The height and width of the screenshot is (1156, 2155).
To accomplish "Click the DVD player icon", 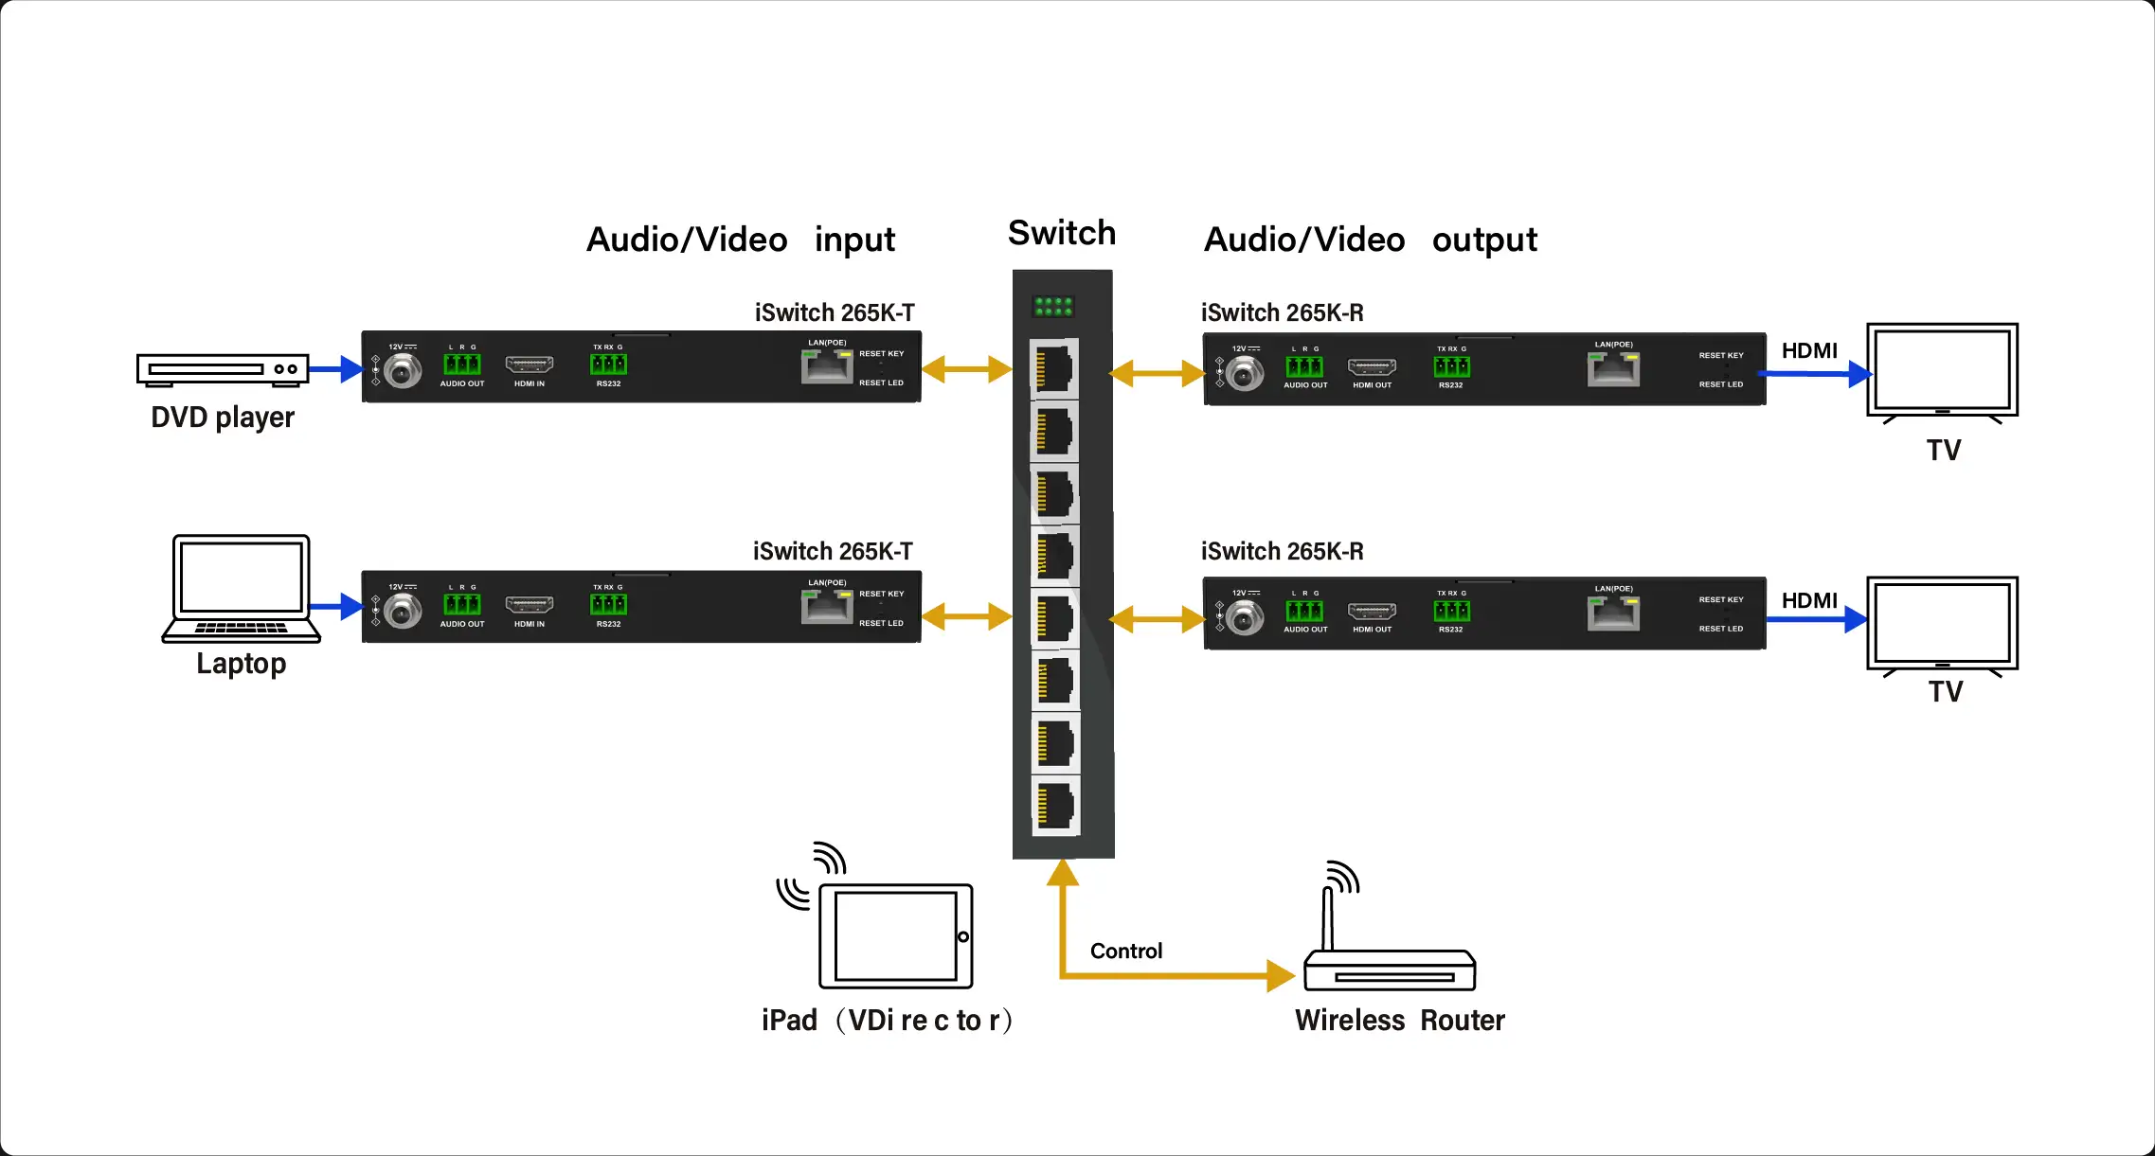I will tap(223, 369).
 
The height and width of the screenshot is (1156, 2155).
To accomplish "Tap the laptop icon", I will tap(242, 589).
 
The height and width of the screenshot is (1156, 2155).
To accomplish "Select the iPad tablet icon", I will tap(895, 935).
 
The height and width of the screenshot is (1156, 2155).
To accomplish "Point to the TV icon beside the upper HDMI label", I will tap(1942, 371).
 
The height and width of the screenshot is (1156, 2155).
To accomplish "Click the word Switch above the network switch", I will tap(1062, 233).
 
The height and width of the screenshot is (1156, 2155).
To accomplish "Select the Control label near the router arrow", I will tap(1125, 951).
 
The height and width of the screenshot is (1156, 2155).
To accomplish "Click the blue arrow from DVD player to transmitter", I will tap(335, 368).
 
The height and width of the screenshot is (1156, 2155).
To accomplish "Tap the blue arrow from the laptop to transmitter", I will tap(335, 606).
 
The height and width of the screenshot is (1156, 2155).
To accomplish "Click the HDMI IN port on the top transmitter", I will tap(529, 365).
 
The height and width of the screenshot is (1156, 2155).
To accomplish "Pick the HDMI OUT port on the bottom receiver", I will tap(1372, 612).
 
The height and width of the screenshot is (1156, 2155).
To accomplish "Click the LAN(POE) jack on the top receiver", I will tap(1613, 368).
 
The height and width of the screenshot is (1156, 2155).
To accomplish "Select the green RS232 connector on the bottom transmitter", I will tap(608, 604).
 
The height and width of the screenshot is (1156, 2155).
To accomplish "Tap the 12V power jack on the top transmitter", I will tap(403, 371).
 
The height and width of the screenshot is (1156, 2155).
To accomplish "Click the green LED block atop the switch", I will tap(1053, 306).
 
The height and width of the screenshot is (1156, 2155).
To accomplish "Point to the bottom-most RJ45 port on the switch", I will tap(1055, 807).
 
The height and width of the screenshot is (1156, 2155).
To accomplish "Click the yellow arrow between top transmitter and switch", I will tap(966, 369).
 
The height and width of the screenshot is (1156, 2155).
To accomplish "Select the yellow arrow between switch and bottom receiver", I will tap(1157, 620).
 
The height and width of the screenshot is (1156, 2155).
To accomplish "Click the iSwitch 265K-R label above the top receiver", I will tap(1282, 312).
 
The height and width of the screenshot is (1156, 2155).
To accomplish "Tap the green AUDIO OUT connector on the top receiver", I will tap(1304, 366).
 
